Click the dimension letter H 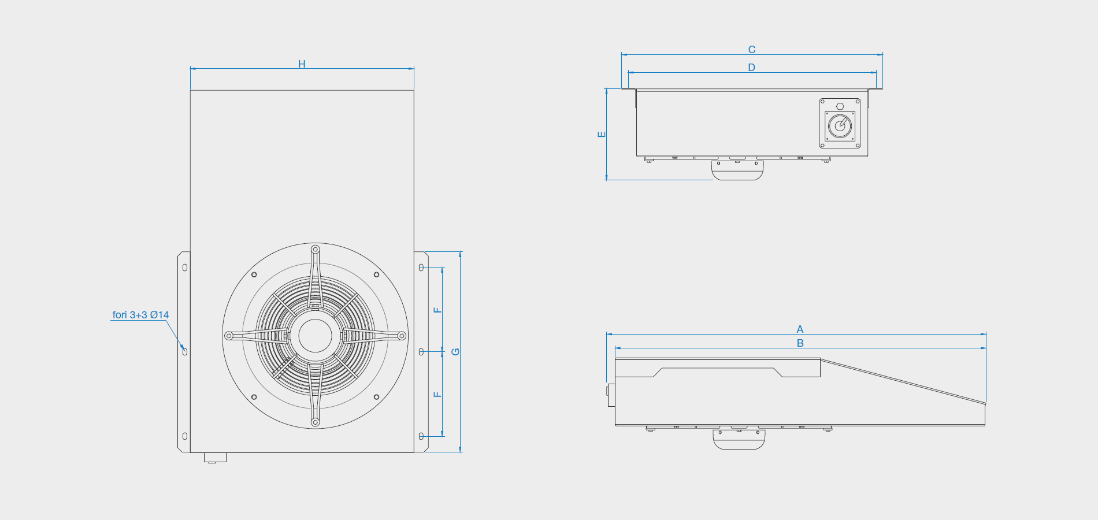[302, 64]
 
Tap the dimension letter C [752, 50]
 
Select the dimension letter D [752, 68]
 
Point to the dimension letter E [602, 134]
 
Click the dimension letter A [800, 329]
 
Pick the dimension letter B [800, 343]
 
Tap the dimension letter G [455, 352]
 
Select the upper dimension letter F [437, 310]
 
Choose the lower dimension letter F [437, 395]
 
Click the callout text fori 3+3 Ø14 [140, 315]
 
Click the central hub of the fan [315, 336]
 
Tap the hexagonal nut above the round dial [840, 106]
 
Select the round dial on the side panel [840, 126]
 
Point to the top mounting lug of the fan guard [315, 250]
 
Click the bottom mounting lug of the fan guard [315, 422]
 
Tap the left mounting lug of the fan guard [229, 336]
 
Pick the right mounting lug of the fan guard [402, 336]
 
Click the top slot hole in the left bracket [185, 268]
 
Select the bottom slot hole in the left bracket [185, 436]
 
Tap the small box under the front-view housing [215, 458]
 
